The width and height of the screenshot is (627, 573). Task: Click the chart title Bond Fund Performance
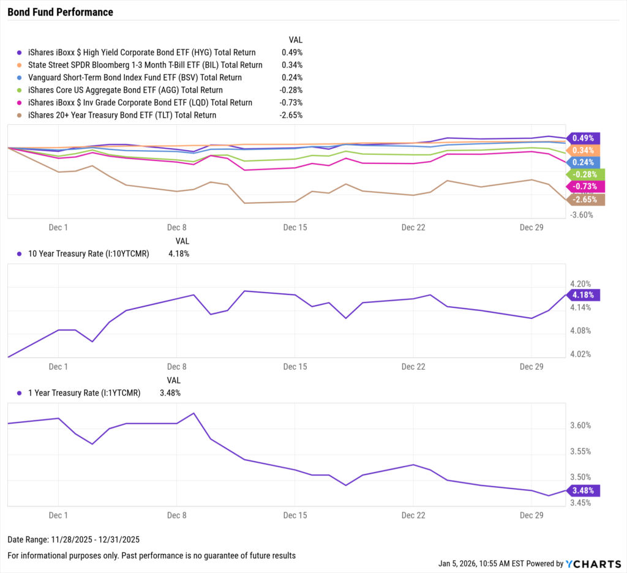60,12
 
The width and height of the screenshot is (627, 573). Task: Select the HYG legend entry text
142,53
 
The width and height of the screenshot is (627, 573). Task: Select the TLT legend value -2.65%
291,115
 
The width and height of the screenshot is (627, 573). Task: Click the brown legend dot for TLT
20,115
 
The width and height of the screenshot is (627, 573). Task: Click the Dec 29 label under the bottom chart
531,515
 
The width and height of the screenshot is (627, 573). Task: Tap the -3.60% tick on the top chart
582,215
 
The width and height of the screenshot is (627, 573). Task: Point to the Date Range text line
73,540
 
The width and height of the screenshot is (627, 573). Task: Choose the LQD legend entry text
140,103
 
